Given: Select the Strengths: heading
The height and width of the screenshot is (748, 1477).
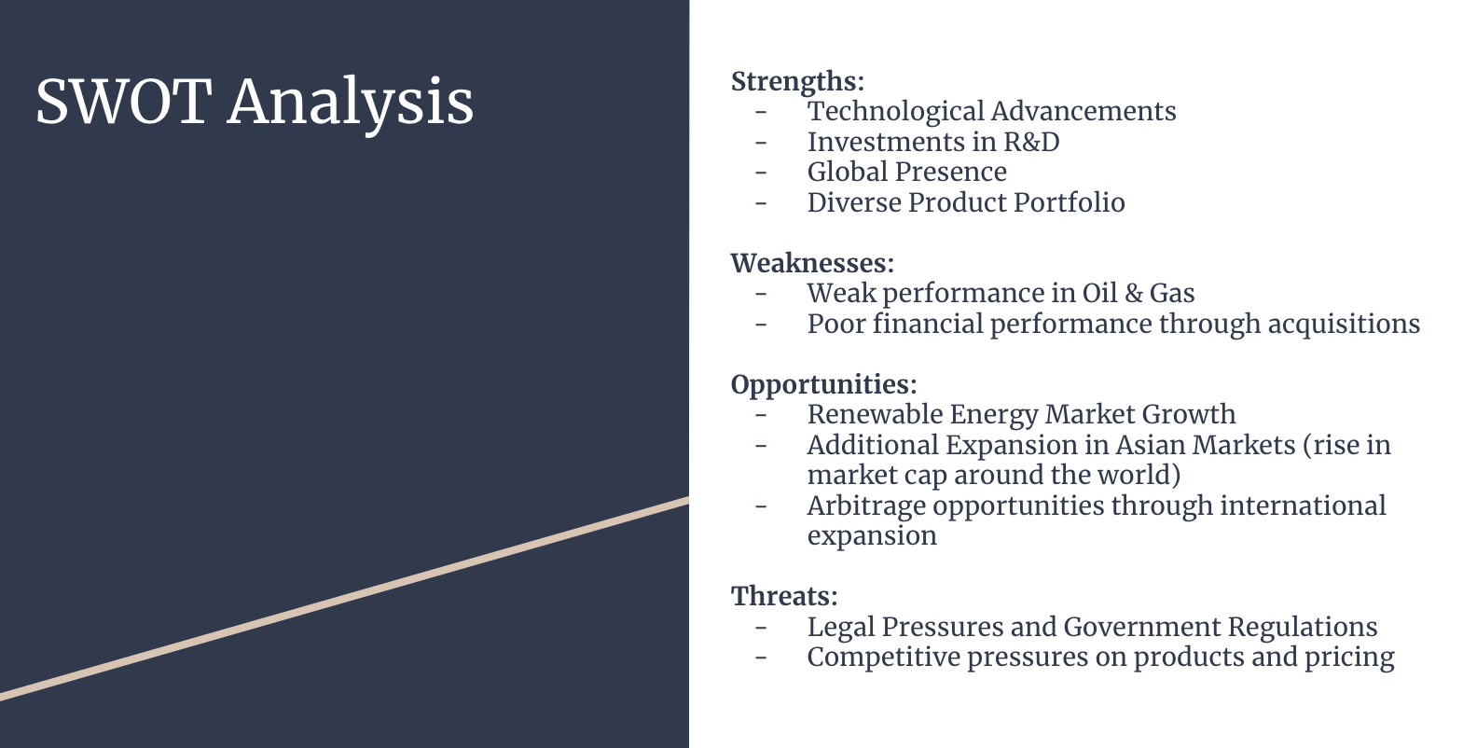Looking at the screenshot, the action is (x=797, y=82).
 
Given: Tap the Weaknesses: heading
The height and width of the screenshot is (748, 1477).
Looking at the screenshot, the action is (x=812, y=262).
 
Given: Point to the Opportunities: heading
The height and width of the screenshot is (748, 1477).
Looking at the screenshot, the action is (x=823, y=385).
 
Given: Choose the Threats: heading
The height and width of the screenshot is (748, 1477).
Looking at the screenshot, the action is (x=784, y=596).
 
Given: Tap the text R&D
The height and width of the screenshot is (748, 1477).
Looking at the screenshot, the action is (x=1031, y=142).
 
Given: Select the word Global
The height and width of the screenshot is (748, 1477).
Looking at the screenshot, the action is (x=847, y=172).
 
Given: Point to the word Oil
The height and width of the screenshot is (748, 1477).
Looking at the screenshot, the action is (x=1100, y=293).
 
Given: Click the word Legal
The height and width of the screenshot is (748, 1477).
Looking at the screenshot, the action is (x=841, y=628).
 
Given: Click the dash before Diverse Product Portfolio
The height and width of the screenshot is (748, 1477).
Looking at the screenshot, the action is (x=761, y=203).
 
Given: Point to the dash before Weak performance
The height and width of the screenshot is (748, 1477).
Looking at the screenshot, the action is (x=761, y=294).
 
